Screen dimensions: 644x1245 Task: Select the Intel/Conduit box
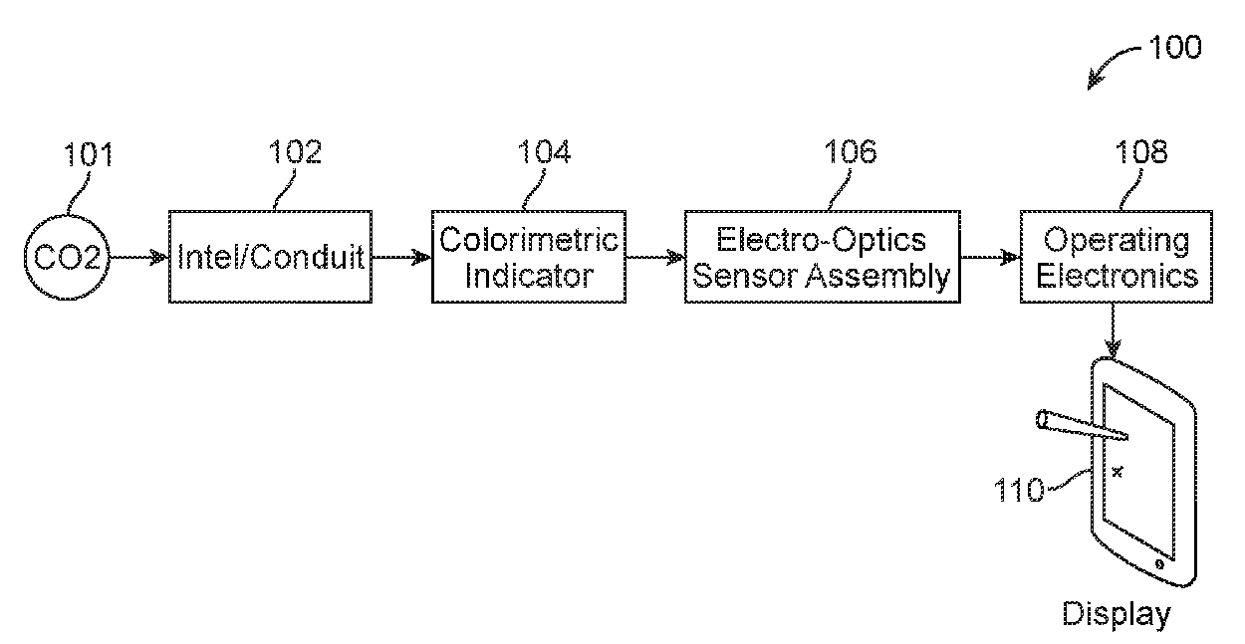271,257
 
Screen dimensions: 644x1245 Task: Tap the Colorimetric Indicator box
529,257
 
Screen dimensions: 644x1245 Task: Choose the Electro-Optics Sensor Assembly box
822,257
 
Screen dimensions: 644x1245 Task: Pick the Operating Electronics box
1117,257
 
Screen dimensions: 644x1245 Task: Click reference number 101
89,155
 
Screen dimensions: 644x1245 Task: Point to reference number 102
295,151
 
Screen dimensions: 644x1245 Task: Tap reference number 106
850,151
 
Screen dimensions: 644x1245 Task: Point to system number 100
1175,47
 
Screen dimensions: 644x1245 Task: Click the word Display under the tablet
1116,614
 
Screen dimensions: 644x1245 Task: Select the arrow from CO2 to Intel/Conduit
137,257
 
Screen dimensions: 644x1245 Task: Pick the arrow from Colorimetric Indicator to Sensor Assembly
655,257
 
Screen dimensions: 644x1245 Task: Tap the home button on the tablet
1159,564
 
